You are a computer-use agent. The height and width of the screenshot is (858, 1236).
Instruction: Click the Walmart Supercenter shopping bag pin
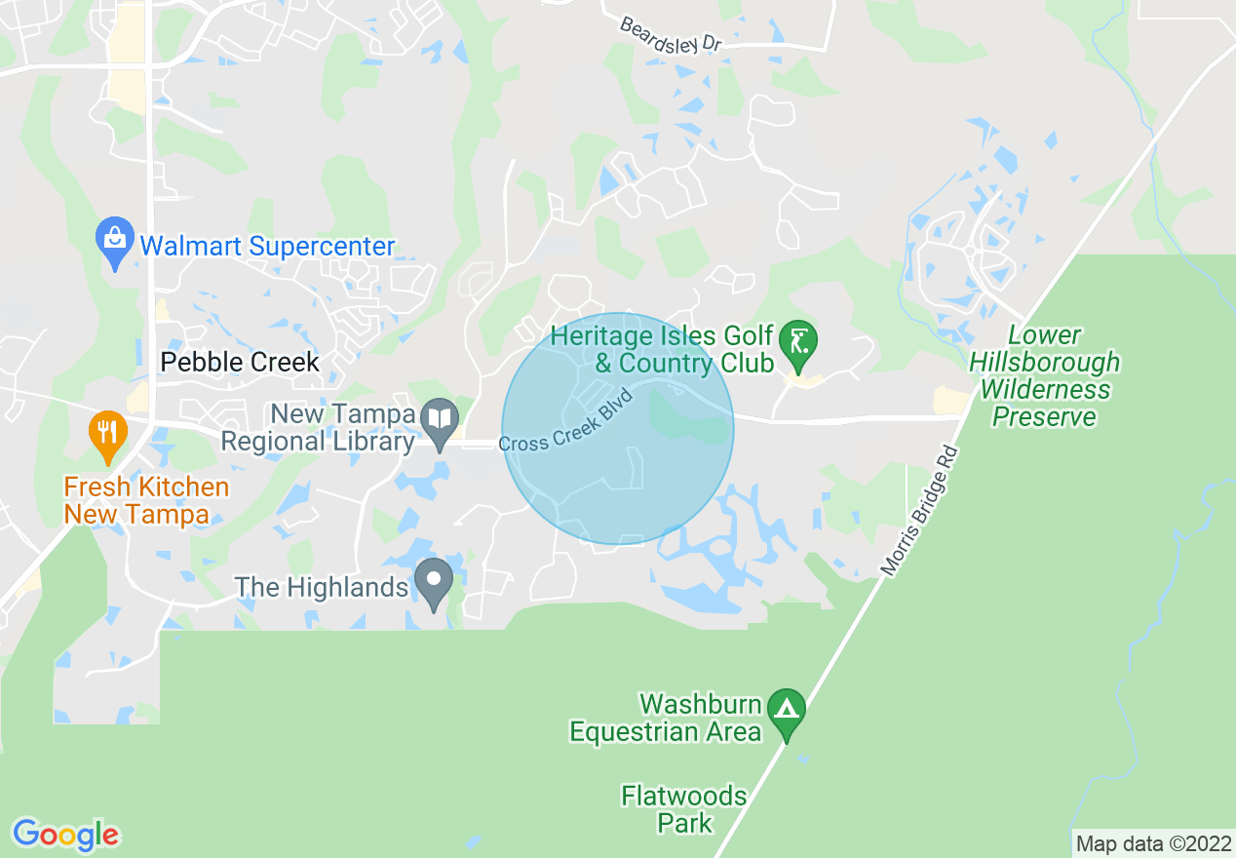coord(116,240)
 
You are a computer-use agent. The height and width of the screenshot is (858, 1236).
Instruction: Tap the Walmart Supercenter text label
coord(267,246)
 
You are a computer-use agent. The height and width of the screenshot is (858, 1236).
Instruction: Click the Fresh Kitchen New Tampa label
coord(146,500)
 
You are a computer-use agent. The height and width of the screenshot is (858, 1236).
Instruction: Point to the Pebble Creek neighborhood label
coord(240,363)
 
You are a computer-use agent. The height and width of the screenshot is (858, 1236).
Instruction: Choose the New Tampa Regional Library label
coord(319,428)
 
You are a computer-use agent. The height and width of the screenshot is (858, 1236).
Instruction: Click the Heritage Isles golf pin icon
coord(799,344)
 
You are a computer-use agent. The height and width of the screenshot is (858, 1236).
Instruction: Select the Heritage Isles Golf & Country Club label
coord(662,350)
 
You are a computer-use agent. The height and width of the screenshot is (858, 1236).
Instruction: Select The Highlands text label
coord(322,588)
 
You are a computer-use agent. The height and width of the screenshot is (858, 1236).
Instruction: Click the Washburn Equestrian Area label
coord(666,718)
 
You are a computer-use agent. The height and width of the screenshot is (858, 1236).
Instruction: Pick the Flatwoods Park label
coord(684,809)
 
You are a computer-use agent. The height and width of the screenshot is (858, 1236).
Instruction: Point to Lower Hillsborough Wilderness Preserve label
coord(1044,376)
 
